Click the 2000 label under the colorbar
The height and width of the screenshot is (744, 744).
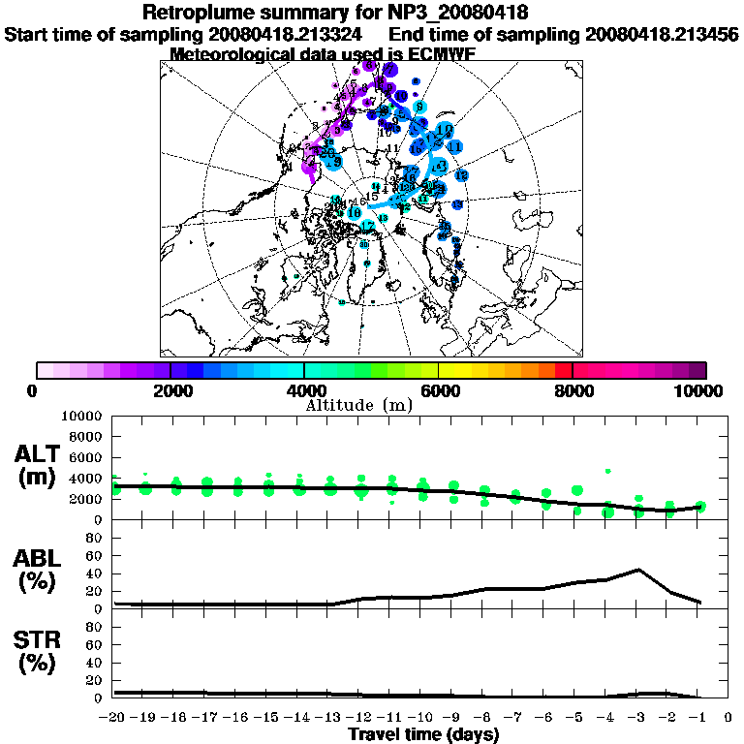(x=170, y=390)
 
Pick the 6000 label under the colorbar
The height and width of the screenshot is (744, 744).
(x=439, y=390)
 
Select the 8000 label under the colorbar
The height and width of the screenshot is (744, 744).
(x=573, y=390)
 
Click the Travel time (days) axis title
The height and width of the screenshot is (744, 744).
(x=422, y=734)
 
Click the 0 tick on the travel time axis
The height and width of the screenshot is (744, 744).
(x=728, y=718)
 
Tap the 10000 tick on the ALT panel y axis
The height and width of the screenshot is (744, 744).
(x=82, y=416)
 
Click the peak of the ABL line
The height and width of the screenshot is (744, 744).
(x=638, y=570)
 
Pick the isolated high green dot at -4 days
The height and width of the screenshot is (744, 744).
(x=608, y=472)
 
